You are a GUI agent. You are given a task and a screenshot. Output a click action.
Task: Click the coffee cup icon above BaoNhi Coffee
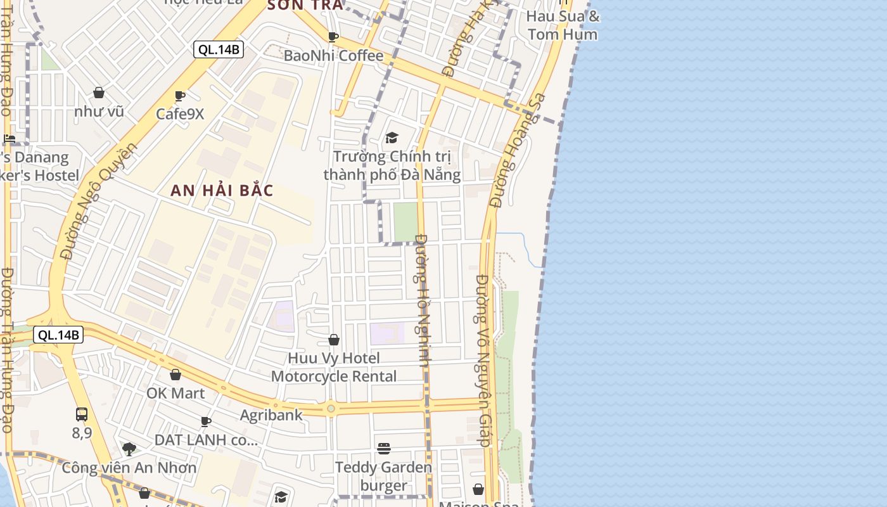pyautogui.click(x=333, y=37)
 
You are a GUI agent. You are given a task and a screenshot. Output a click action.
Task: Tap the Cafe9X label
pyautogui.click(x=181, y=114)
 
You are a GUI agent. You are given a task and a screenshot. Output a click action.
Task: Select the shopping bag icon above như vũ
pyautogui.click(x=99, y=93)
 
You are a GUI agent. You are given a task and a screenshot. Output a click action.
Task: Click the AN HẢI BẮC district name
pyautogui.click(x=222, y=190)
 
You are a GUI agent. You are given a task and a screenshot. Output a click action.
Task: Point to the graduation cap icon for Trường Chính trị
pyautogui.click(x=392, y=138)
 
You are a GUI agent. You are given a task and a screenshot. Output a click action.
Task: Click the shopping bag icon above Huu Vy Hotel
pyautogui.click(x=334, y=340)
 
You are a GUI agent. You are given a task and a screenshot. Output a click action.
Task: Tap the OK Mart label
pyautogui.click(x=175, y=393)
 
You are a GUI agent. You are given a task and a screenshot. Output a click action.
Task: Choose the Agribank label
pyautogui.click(x=271, y=415)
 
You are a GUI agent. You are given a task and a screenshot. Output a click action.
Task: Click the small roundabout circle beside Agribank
pyautogui.click(x=331, y=409)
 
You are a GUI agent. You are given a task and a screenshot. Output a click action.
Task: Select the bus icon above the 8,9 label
pyautogui.click(x=82, y=414)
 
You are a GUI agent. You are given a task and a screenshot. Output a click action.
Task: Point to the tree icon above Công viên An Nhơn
pyautogui.click(x=129, y=449)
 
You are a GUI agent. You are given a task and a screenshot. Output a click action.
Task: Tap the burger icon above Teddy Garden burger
pyautogui.click(x=384, y=449)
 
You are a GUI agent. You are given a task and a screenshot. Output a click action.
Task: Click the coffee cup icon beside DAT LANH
pyautogui.click(x=206, y=421)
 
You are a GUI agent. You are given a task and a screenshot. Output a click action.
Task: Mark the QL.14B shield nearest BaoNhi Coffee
pyautogui.click(x=219, y=49)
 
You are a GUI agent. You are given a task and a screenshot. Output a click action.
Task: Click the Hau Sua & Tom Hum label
pyautogui.click(x=563, y=25)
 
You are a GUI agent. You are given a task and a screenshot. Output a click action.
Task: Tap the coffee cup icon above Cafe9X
pyautogui.click(x=180, y=96)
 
